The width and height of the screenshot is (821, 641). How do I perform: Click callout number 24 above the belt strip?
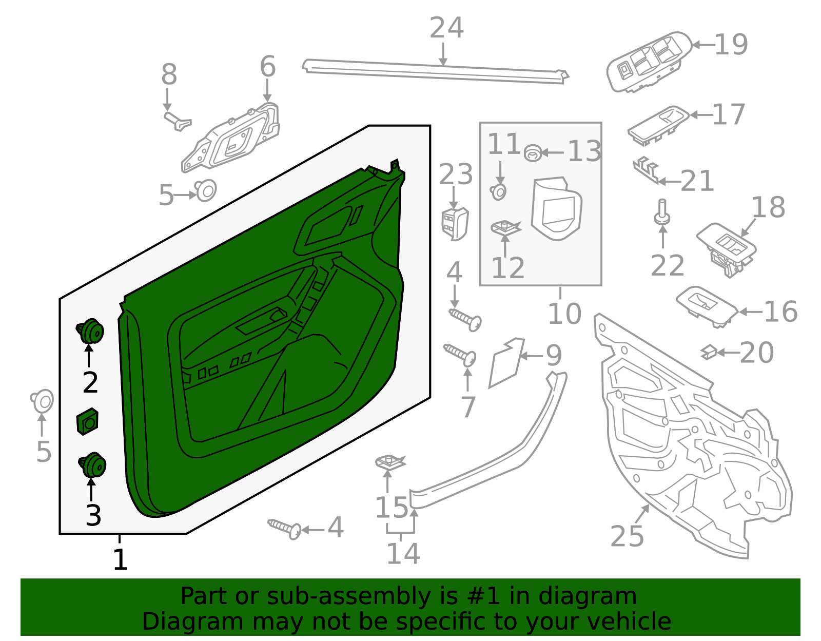[x=446, y=28]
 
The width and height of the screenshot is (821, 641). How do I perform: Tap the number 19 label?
[x=731, y=45]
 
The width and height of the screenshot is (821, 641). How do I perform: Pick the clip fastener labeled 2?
[x=91, y=331]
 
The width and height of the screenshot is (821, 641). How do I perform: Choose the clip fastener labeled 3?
[x=93, y=464]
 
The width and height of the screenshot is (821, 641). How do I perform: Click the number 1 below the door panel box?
[x=120, y=559]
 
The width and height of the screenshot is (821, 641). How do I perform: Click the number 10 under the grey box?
[x=564, y=314]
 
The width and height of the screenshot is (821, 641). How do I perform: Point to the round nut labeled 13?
[x=533, y=152]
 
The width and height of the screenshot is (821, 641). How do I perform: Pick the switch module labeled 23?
[x=455, y=223]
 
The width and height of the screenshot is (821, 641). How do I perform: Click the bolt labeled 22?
[x=662, y=211]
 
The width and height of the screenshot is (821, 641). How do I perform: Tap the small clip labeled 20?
[x=709, y=352]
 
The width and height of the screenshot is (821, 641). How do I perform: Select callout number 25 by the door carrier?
[x=627, y=536]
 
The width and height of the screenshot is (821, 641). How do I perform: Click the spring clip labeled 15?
[x=389, y=462]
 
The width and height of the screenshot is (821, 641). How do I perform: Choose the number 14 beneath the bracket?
[x=403, y=553]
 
